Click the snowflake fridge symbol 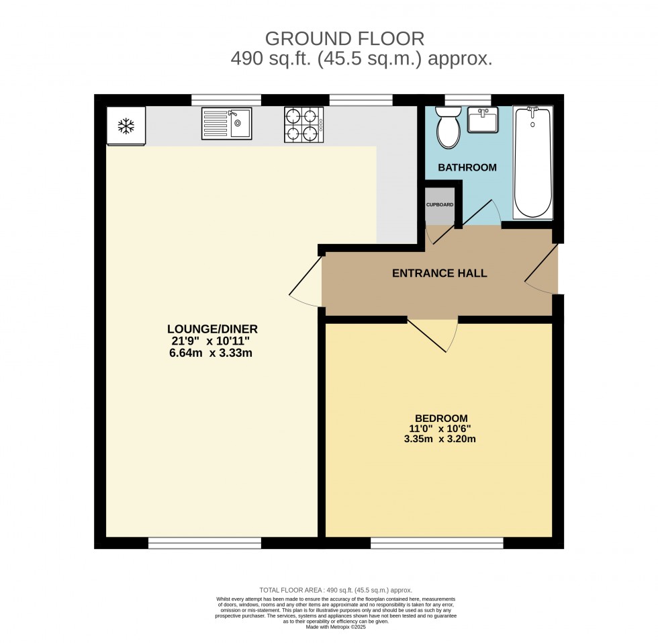click(126, 125)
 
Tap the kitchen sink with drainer click(226, 124)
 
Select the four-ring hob click(303, 125)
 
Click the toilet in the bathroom click(447, 128)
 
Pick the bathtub click(532, 162)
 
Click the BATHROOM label click(467, 167)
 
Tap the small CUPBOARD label click(440, 204)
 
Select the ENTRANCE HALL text click(439, 273)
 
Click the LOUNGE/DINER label click(212, 329)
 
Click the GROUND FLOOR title click(345, 38)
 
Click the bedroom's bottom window click(436, 543)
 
